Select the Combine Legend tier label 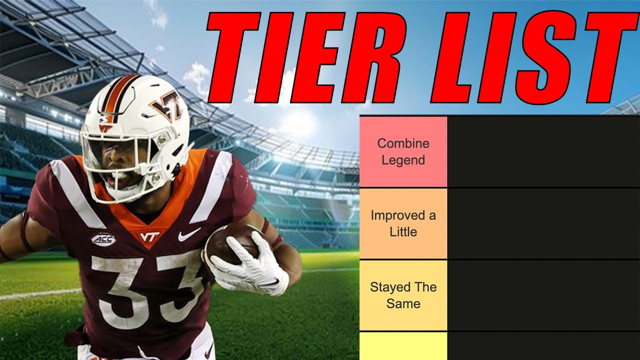coord(403,151)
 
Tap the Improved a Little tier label coord(403,223)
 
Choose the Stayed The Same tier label coord(403,295)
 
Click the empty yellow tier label coord(403,346)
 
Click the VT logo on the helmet coord(167,107)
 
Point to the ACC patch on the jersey coord(103,240)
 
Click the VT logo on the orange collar coord(149,236)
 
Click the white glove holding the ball coord(250,265)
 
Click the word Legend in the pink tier coord(403,160)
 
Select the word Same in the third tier coord(403,303)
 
